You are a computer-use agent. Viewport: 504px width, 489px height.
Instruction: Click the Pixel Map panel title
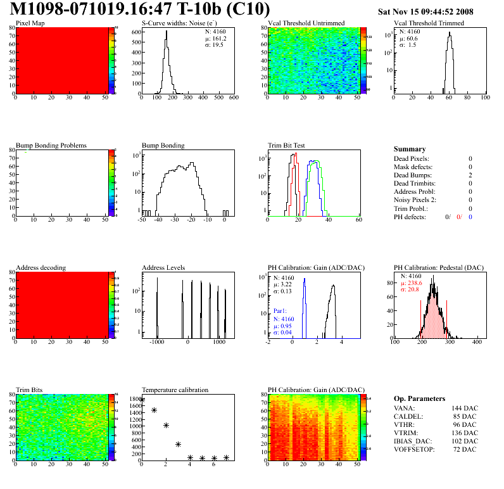[30, 23]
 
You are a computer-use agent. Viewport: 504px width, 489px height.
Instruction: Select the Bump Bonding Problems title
[51, 145]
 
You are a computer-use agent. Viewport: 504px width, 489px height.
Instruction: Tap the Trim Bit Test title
[287, 145]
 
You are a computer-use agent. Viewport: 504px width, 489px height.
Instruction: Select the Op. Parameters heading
[419, 398]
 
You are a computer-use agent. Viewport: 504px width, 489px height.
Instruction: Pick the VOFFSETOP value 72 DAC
[466, 449]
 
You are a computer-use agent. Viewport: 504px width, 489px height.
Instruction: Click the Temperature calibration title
[175, 390]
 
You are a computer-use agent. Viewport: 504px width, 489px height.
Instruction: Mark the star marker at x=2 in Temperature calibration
[166, 425]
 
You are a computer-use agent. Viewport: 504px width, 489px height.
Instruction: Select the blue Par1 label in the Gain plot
[280, 312]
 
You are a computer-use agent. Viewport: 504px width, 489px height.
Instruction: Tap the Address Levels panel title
[163, 268]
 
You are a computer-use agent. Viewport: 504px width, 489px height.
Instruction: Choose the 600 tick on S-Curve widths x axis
[234, 98]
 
